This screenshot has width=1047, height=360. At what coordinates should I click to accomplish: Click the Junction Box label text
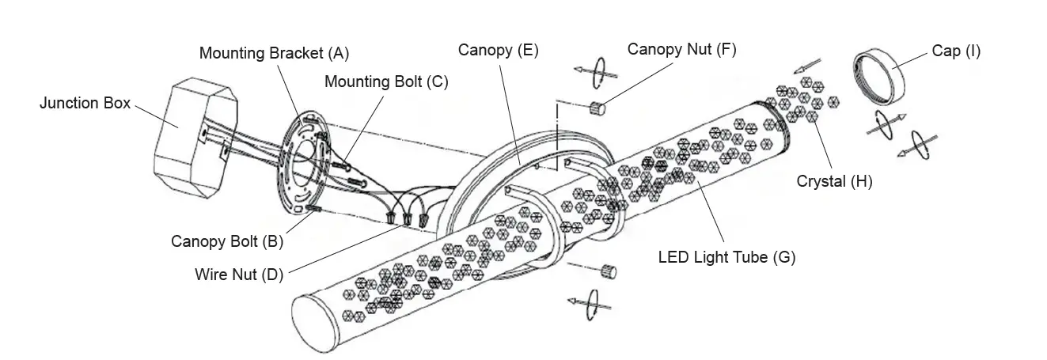pyautogui.click(x=85, y=104)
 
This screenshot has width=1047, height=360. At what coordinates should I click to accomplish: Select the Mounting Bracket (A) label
pyautogui.click(x=273, y=54)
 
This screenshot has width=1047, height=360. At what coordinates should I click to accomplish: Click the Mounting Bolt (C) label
pyautogui.click(x=386, y=81)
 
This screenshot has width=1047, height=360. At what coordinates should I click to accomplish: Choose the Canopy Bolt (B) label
pyautogui.click(x=227, y=241)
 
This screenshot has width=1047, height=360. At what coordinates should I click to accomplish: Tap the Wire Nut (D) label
pyautogui.click(x=238, y=275)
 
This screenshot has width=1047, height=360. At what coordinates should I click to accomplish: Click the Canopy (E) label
pyautogui.click(x=498, y=51)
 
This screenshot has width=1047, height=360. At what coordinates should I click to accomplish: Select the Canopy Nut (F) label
pyautogui.click(x=681, y=49)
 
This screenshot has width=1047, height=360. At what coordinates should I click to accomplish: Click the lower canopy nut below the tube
pyautogui.click(x=608, y=271)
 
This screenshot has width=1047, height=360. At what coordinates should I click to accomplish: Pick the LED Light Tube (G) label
pyautogui.click(x=726, y=257)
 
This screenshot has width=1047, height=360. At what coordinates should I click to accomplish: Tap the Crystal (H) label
pyautogui.click(x=834, y=181)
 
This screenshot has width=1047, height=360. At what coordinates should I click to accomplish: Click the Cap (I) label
pyautogui.click(x=955, y=51)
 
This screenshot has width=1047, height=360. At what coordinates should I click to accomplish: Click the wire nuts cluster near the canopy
pyautogui.click(x=408, y=217)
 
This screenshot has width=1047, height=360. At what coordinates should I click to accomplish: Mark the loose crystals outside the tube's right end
pyautogui.click(x=804, y=98)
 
